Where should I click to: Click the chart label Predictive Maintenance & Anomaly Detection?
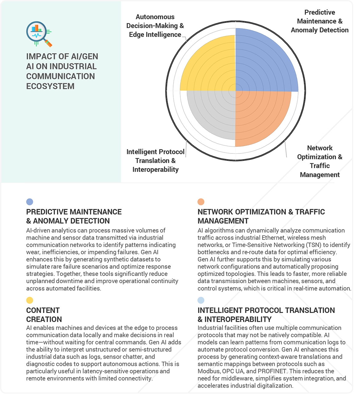tap(319, 21)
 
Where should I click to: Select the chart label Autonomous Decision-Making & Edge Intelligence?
tap(155, 26)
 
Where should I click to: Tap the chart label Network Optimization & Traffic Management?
tap(319, 161)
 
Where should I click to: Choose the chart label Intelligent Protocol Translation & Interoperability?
tap(155, 160)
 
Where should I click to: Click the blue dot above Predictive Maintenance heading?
tap(30, 202)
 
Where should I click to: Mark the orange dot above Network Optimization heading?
tap(201, 202)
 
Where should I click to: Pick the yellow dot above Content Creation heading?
tap(30, 300)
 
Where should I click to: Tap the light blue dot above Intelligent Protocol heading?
tap(201, 300)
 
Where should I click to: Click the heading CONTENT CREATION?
tap(44, 315)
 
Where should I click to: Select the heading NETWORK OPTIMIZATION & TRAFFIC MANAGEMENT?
tap(261, 216)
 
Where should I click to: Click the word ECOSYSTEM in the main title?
tap(50, 86)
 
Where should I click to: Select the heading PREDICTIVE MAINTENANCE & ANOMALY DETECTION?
tap(74, 216)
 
